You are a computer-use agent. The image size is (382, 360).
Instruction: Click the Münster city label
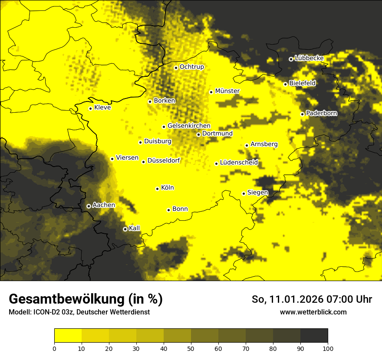227,91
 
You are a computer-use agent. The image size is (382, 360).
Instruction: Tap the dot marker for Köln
157,189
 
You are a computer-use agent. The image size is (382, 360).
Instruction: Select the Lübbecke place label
309,58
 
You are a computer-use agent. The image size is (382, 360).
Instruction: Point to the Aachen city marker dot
89,206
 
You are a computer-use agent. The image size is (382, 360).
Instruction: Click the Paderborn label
321,113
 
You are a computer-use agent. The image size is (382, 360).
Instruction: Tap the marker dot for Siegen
244,193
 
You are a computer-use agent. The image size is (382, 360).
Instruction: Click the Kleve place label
102,108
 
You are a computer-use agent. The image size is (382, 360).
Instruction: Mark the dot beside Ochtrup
176,68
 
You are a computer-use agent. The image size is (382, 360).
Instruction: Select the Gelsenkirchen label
189,126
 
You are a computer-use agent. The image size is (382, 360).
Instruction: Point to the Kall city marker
125,229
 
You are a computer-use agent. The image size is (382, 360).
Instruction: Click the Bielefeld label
302,83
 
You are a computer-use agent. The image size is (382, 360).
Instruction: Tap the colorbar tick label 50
191,348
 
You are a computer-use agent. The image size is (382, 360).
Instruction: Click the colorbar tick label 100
328,348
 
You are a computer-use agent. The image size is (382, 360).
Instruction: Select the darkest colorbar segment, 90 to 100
314,335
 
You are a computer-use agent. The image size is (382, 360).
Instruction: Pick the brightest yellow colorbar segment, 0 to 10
68,335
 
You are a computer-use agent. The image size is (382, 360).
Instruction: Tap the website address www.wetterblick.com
313,312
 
